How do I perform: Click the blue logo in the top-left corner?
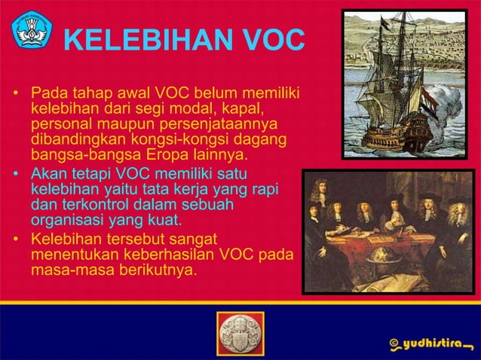(30, 29)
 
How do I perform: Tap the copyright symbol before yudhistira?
(392, 343)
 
